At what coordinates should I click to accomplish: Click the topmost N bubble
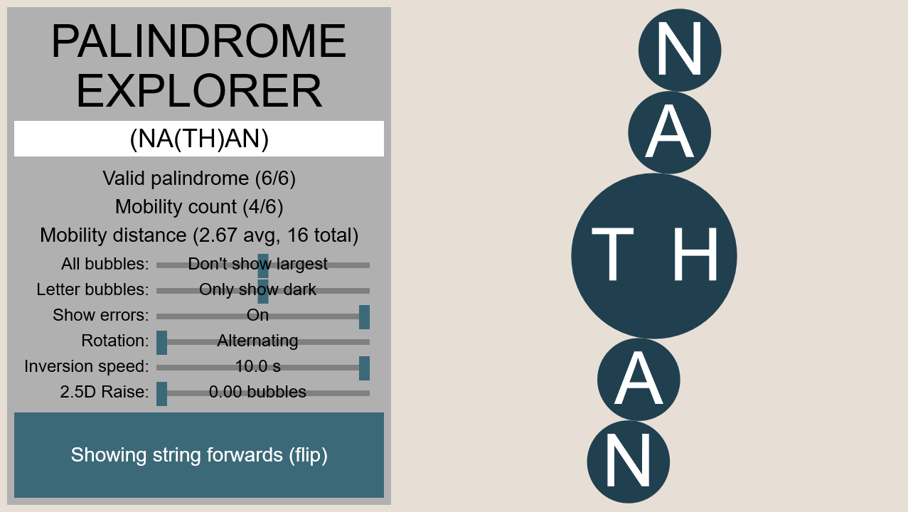(680, 50)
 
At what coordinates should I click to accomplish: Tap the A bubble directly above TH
(670, 132)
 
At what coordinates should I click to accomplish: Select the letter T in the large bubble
(612, 254)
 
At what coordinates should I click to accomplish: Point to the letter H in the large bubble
(695, 254)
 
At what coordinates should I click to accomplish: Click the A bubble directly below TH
(639, 380)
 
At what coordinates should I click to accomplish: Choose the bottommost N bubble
(629, 462)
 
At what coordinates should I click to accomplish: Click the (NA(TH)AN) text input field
(199, 139)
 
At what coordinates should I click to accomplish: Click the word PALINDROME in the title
(199, 41)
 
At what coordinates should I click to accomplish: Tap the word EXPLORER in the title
(199, 90)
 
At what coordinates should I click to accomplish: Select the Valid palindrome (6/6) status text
(199, 178)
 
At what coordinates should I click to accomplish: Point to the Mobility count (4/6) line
(199, 207)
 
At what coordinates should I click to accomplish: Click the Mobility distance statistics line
(199, 235)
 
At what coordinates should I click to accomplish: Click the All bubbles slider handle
(263, 265)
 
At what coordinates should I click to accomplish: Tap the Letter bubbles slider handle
(263, 291)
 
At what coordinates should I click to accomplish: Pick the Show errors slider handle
(365, 317)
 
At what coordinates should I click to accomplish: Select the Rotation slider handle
(161, 343)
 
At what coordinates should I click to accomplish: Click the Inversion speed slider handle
(365, 368)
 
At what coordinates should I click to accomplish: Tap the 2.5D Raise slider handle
(161, 394)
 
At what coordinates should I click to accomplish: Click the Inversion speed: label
(87, 366)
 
